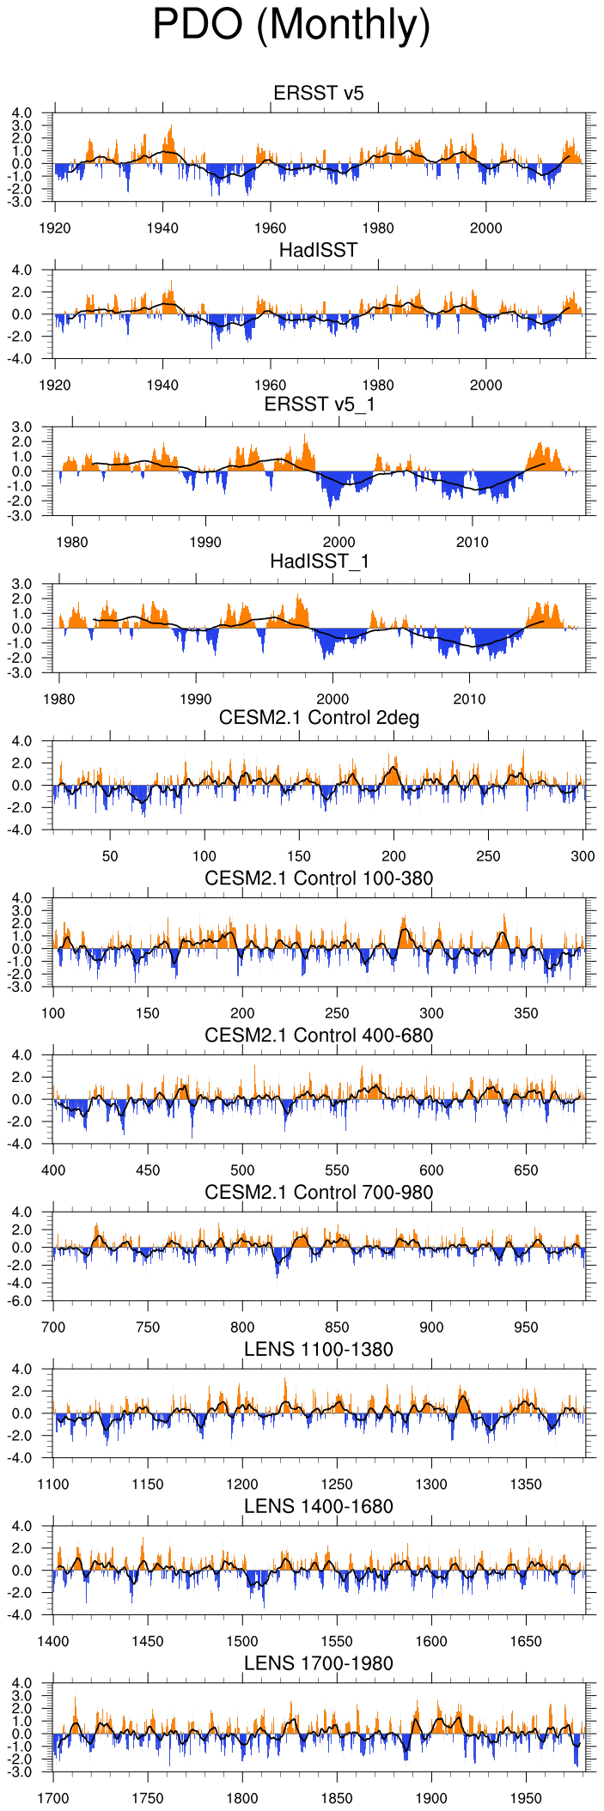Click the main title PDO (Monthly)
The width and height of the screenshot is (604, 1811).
(291, 26)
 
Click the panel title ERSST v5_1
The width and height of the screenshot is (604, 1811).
(319, 404)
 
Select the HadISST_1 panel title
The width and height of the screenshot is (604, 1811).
(319, 561)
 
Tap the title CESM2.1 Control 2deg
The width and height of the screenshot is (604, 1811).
(319, 718)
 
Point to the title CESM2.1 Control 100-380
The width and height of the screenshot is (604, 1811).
(319, 878)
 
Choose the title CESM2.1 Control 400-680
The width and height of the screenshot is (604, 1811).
(319, 1035)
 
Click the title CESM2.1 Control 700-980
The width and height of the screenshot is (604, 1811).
(319, 1192)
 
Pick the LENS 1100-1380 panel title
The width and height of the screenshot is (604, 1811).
(319, 1349)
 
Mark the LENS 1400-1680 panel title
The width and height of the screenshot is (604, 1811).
(319, 1506)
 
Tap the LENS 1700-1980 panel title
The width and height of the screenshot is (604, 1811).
(319, 1663)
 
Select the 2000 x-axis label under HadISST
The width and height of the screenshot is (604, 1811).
(486, 385)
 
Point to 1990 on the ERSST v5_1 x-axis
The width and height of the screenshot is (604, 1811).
(205, 542)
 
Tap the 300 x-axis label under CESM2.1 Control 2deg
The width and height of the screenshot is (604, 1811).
(583, 856)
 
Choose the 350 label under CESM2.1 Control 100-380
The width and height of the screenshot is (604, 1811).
(526, 1013)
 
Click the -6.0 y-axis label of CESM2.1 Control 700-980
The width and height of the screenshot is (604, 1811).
(31, 1302)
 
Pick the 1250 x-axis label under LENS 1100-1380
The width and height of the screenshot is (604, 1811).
(337, 1485)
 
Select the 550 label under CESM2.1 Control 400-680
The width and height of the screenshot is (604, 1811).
(337, 1170)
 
